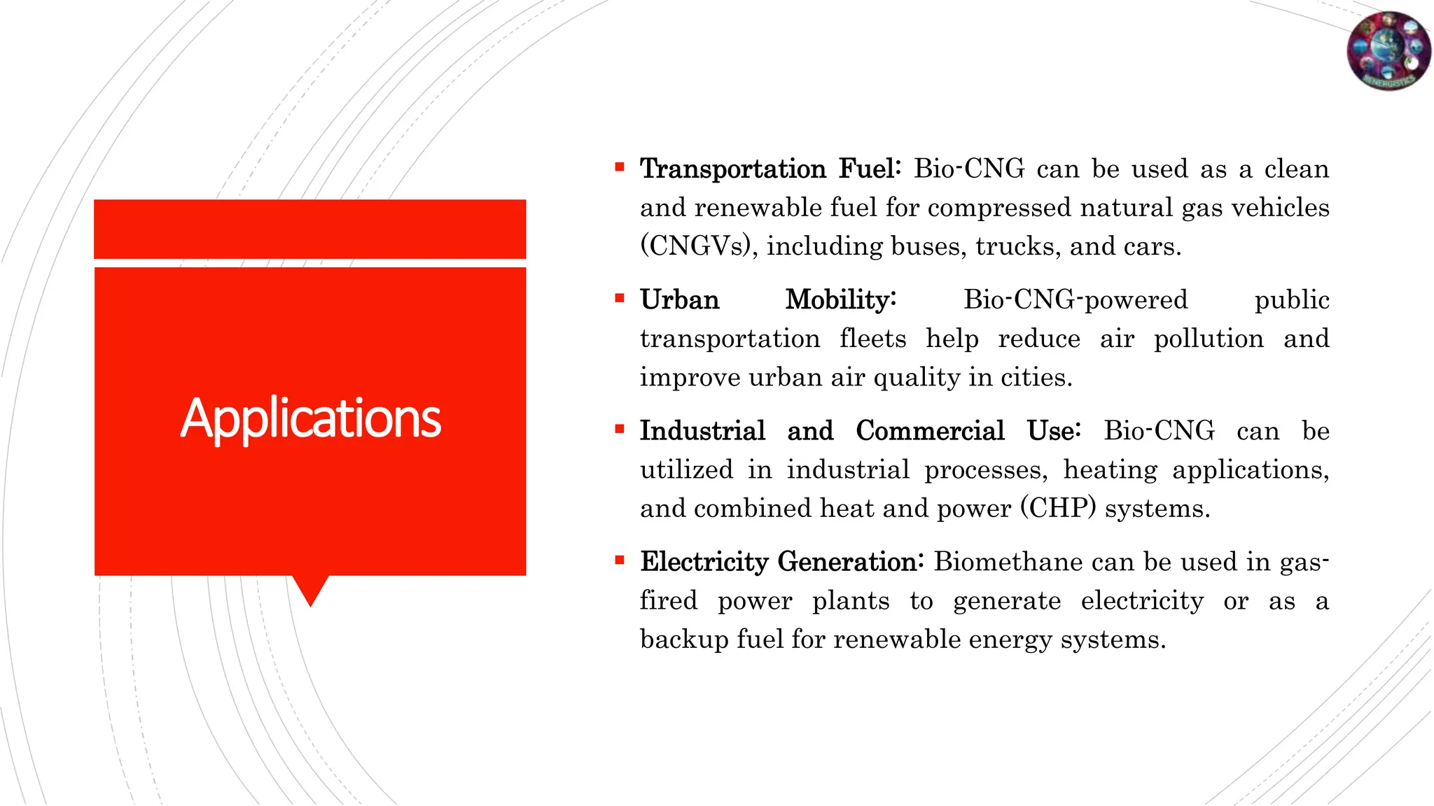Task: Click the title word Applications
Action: click(310, 418)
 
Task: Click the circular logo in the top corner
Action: click(1388, 50)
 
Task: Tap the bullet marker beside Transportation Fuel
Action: click(619, 167)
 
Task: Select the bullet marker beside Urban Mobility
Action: click(619, 298)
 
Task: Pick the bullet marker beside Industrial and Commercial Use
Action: click(619, 429)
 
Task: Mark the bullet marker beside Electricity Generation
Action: click(619, 560)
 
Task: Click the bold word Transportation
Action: click(732, 169)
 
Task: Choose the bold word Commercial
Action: click(930, 431)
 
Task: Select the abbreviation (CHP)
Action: click(1057, 508)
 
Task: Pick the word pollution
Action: click(1209, 339)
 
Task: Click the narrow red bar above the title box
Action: click(310, 229)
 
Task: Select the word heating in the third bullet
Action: click(1110, 469)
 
